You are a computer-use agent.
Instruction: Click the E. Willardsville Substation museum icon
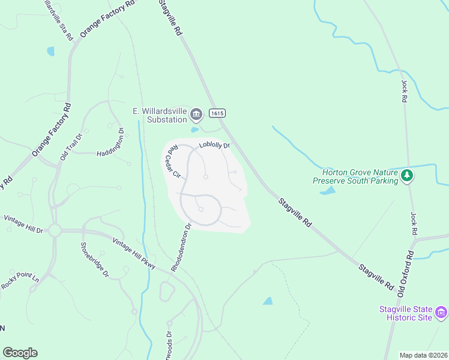(196, 114)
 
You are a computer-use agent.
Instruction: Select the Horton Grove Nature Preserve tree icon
(408, 176)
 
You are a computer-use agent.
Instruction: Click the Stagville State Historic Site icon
(441, 313)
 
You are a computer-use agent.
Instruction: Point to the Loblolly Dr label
(215, 145)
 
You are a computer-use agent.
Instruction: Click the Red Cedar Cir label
(173, 162)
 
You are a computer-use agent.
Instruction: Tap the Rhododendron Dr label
(180, 247)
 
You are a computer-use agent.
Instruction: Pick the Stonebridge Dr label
(95, 259)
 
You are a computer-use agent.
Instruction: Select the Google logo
(20, 353)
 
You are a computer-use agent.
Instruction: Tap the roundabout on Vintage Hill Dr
(55, 230)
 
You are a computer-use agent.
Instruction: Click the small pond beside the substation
(194, 129)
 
